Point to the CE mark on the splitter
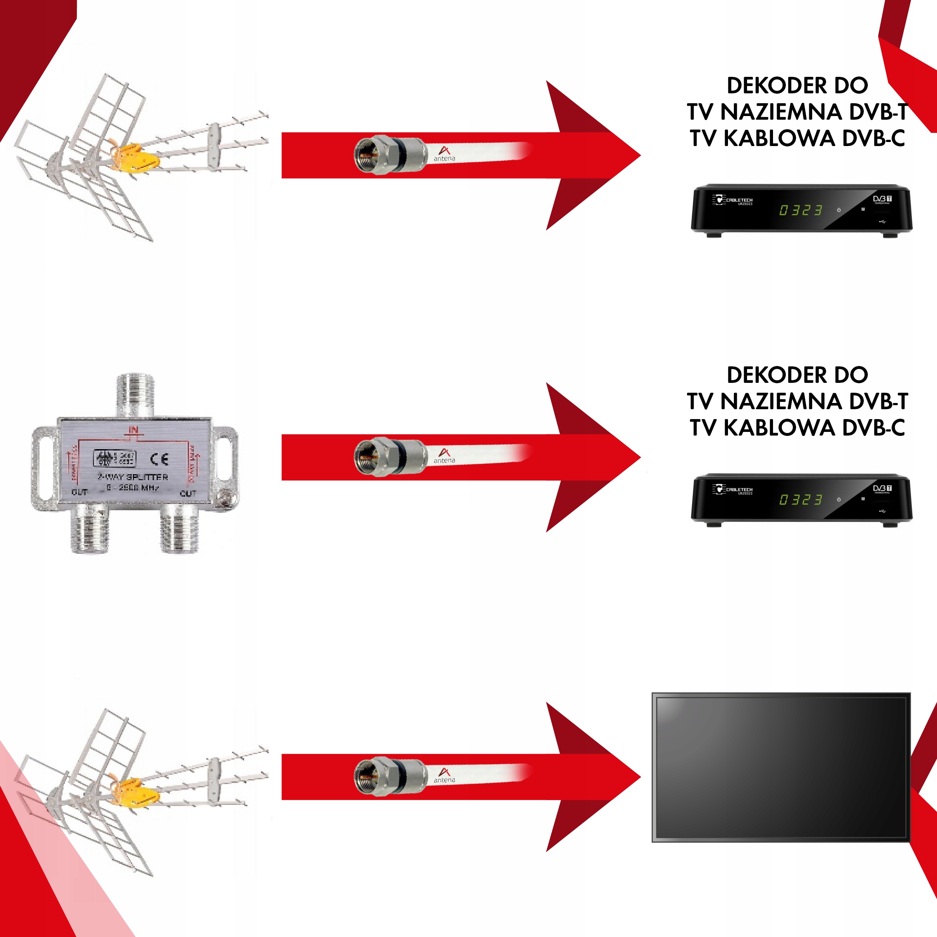(159, 459)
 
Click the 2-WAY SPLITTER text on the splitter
(133, 477)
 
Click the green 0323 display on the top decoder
(801, 210)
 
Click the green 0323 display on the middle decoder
(801, 500)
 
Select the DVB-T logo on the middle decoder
(882, 488)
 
